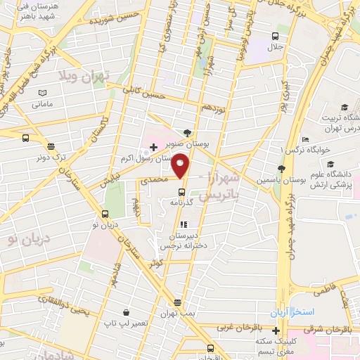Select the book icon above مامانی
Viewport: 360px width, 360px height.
[x=42, y=93]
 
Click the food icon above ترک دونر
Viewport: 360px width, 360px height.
[x=51, y=146]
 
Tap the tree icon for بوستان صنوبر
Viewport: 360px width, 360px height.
[x=186, y=132]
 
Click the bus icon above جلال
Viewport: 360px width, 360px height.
[x=276, y=36]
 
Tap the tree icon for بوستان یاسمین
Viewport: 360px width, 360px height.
[x=281, y=169]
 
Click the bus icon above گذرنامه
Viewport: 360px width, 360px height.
[x=181, y=191]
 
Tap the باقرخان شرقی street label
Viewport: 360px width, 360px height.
[x=328, y=328]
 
